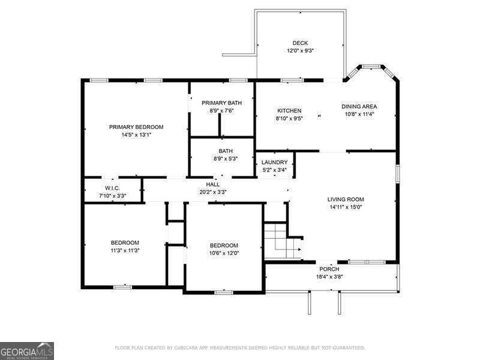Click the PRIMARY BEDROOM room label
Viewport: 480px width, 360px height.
point(136,127)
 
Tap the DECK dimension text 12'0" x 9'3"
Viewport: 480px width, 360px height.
point(300,51)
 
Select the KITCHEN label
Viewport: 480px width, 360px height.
point(289,111)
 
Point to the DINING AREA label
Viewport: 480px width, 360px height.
point(359,107)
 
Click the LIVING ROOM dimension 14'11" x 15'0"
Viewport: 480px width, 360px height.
point(346,207)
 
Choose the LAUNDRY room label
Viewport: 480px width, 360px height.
point(275,162)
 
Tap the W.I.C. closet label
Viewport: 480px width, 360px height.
point(112,188)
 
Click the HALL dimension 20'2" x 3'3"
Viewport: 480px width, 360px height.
point(212,192)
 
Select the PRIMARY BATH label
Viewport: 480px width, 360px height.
point(221,103)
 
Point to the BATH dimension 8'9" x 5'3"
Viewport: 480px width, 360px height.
point(226,159)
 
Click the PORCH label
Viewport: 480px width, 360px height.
point(329,269)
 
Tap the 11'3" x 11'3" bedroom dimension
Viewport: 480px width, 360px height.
point(125,250)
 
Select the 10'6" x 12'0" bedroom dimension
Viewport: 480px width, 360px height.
point(224,253)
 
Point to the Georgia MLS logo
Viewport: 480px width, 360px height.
point(27,351)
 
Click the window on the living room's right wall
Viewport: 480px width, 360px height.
point(397,173)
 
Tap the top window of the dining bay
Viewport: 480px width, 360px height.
point(371,66)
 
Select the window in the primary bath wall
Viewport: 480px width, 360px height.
point(238,80)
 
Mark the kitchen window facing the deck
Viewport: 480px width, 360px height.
point(292,80)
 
